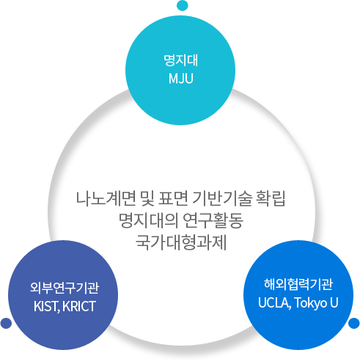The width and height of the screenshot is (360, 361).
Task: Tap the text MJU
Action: [x=180, y=77]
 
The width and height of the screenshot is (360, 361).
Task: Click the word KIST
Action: [x=46, y=305]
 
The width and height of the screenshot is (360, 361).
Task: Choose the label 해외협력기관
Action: [x=298, y=284]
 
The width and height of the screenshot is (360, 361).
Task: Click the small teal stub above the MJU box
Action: [x=182, y=6]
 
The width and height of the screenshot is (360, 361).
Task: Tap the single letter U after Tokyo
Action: [x=334, y=302]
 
